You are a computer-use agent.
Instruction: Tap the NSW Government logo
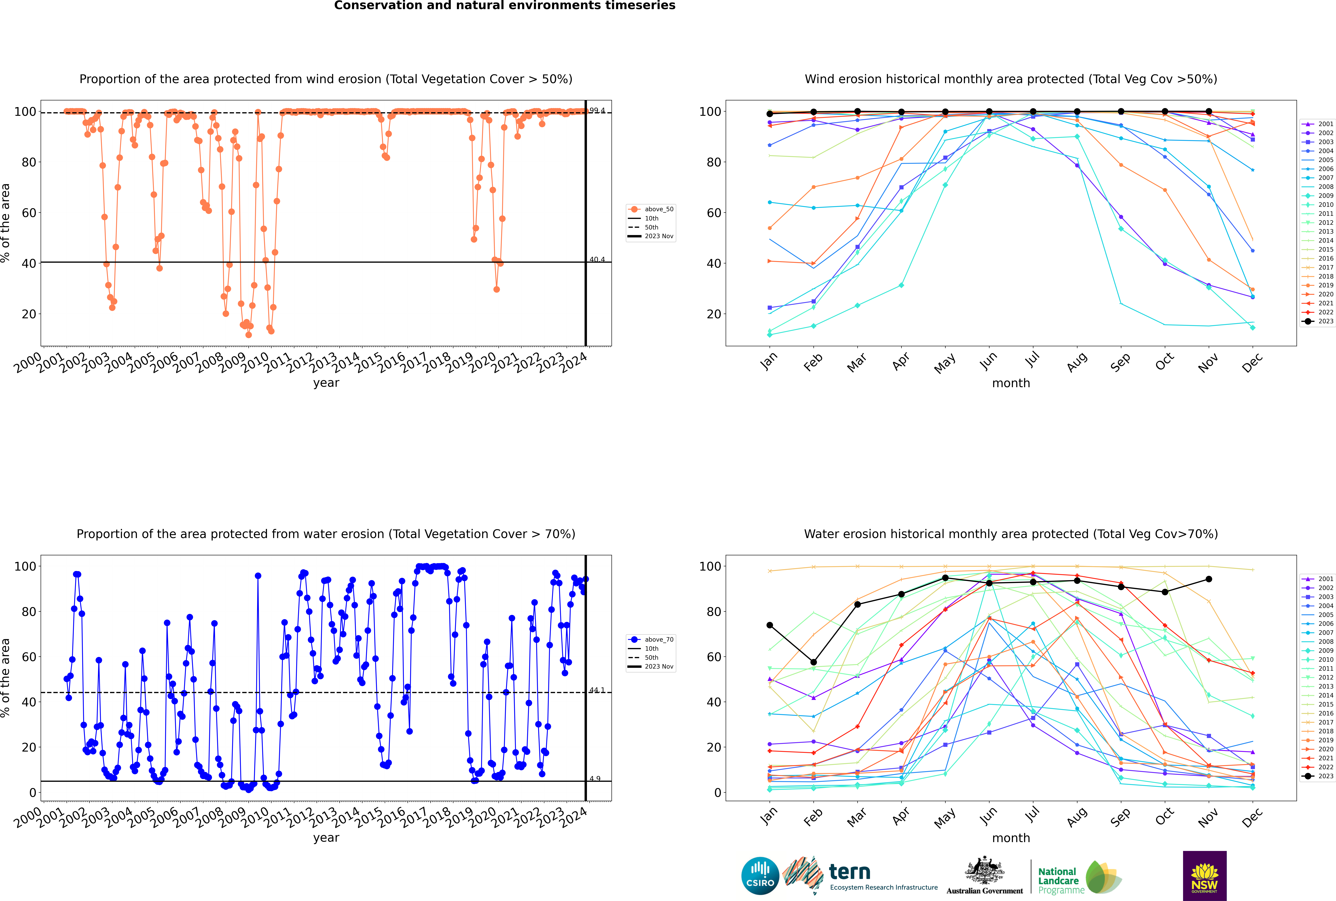coord(1204,875)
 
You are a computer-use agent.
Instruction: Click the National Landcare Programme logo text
coord(1058,880)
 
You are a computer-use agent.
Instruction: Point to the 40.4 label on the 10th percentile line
coord(597,260)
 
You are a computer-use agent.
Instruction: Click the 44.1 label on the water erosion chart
coord(597,690)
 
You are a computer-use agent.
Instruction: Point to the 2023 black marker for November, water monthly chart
coord(1208,579)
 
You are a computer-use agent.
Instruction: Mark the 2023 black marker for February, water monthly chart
coord(813,662)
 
